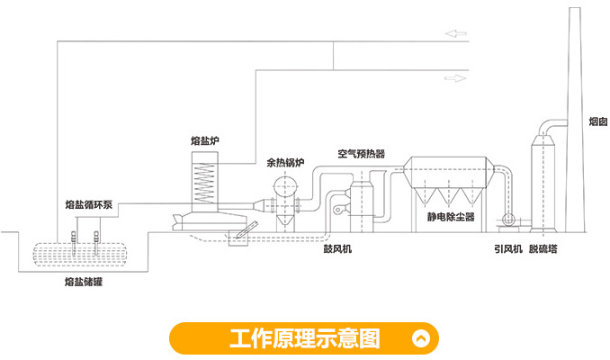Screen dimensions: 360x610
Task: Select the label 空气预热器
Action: click(361, 154)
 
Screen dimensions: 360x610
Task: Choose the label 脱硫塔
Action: click(543, 249)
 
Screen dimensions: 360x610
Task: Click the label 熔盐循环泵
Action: click(89, 205)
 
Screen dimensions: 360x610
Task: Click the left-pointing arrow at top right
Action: click(457, 34)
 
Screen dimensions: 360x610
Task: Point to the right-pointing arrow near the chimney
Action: click(457, 77)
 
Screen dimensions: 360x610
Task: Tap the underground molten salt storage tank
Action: click(82, 254)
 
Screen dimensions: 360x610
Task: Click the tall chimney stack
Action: click(577, 117)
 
